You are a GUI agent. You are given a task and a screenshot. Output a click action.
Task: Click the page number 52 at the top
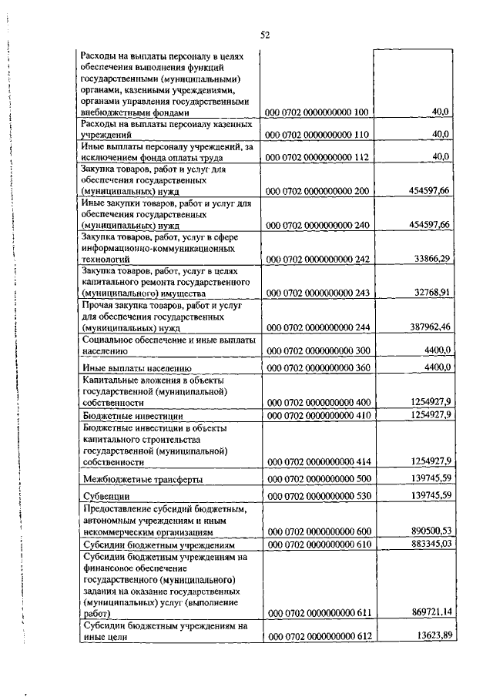tap(264, 35)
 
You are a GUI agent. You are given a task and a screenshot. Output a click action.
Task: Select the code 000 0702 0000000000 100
tap(318, 112)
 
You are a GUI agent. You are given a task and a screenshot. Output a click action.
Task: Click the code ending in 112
tap(318, 158)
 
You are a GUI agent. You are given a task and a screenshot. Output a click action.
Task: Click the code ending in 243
tap(318, 293)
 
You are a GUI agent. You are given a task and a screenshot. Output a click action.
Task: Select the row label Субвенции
tap(105, 497)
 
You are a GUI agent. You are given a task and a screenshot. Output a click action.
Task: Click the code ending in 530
tap(318, 497)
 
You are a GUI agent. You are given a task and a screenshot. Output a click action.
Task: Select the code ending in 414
tap(318, 462)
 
